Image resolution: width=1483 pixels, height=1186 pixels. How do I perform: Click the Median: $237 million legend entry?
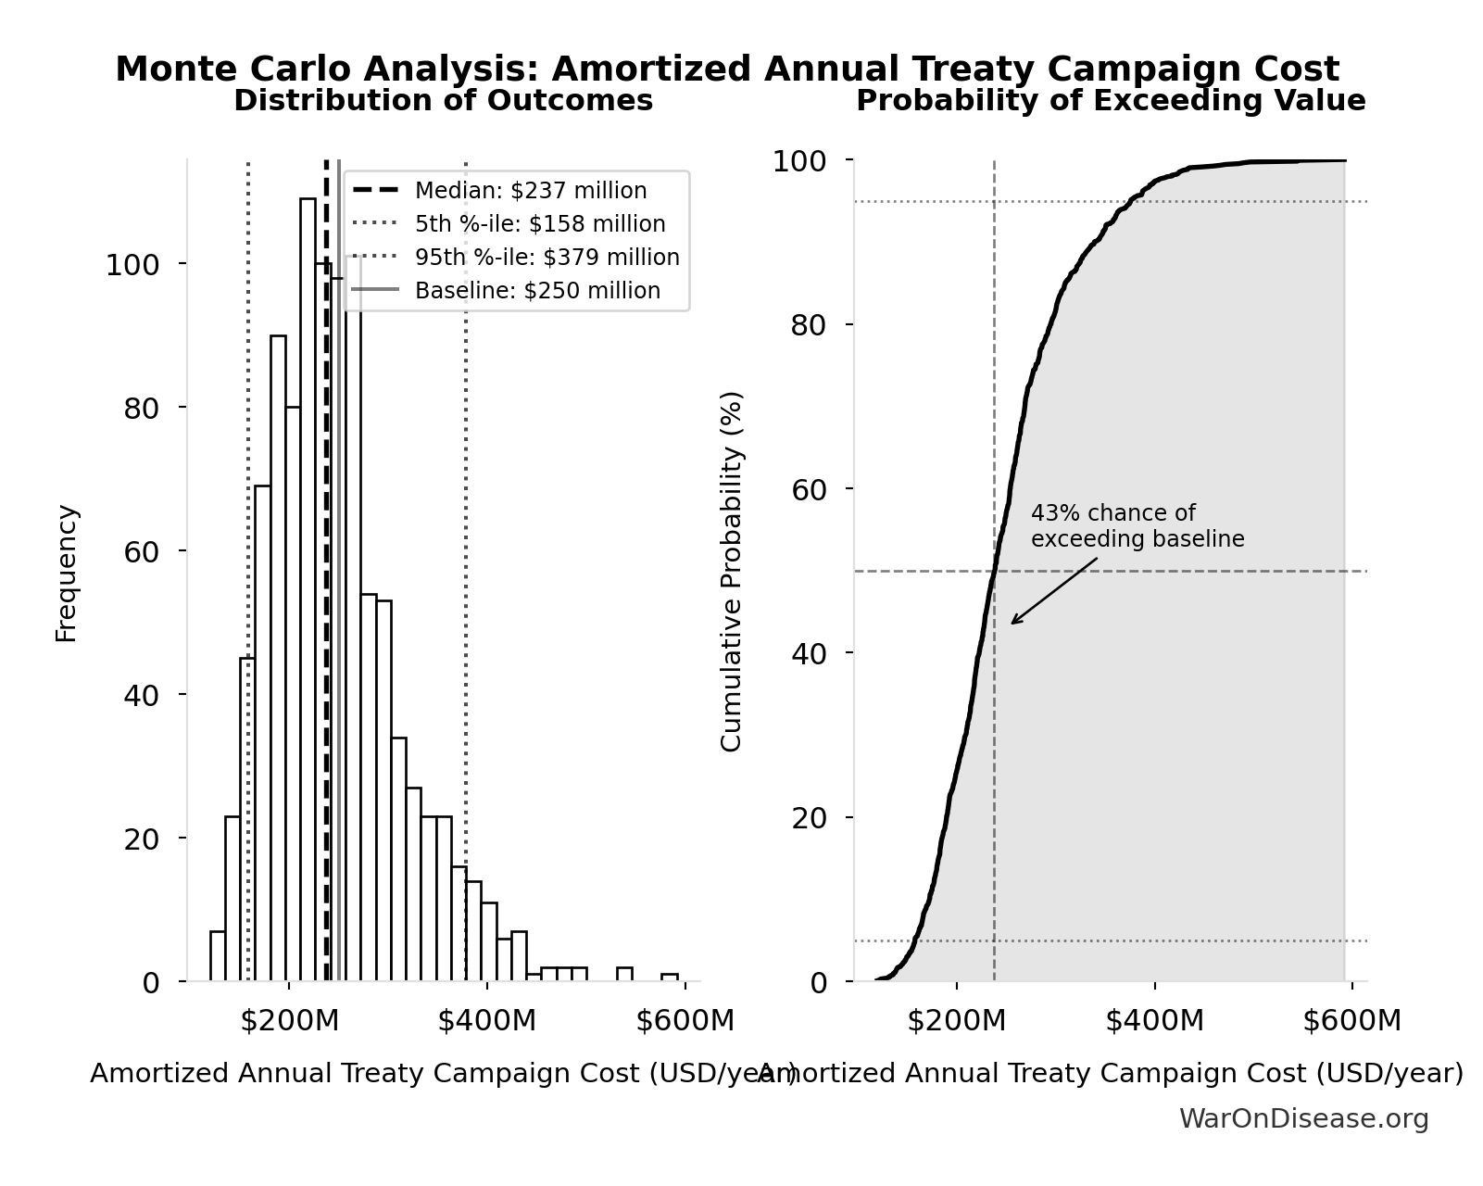tap(530, 191)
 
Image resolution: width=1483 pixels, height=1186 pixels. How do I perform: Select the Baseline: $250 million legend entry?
tap(537, 291)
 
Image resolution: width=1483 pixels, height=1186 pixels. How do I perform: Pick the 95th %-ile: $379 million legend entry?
tap(547, 258)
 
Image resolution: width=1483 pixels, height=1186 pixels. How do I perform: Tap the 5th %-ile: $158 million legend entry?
tap(539, 224)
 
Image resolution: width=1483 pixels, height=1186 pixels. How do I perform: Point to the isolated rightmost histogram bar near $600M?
tap(669, 977)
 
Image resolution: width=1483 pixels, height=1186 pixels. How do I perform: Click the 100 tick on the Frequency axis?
tap(132, 266)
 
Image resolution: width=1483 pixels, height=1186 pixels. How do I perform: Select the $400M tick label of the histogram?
tap(486, 1021)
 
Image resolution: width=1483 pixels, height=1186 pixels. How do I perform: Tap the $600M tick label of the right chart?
tap(1351, 1021)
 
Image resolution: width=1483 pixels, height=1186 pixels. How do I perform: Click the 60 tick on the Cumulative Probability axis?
tap(810, 489)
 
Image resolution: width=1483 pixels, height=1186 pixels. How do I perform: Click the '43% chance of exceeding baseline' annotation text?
tap(1137, 526)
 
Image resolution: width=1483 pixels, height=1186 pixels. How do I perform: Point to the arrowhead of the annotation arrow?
tap(1012, 623)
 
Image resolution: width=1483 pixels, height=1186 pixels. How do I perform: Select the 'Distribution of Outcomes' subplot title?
tap(443, 101)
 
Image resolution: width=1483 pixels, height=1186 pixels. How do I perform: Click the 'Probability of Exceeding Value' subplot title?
tap(1110, 101)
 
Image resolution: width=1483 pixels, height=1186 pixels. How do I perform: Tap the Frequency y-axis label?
tap(67, 573)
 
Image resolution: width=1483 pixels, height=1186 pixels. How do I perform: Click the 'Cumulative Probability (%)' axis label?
tap(732, 571)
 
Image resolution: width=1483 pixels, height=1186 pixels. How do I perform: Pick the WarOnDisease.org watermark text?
tap(1303, 1119)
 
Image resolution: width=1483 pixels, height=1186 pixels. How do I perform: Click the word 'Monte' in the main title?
tap(170, 69)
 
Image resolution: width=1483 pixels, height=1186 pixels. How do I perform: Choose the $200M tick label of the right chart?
tap(956, 1021)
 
